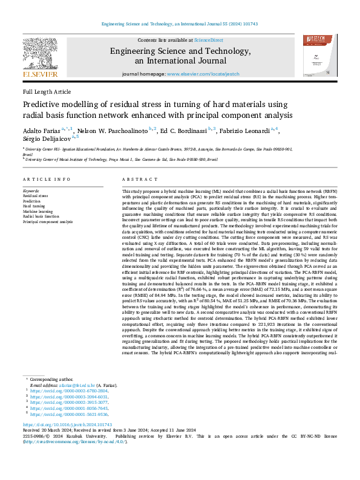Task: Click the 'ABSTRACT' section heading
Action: [x=135, y=180]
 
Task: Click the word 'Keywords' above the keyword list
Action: [x=31, y=191]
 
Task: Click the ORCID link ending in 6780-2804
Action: [x=70, y=391]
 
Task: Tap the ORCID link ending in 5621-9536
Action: [x=70, y=415]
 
